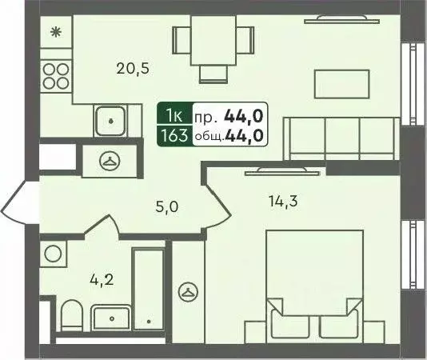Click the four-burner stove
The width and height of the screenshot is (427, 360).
pos(55,76)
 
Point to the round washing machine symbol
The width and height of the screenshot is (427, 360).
pos(54,254)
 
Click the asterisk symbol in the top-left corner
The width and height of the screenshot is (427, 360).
pos(55,33)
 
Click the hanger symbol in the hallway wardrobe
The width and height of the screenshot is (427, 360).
pos(110,161)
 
